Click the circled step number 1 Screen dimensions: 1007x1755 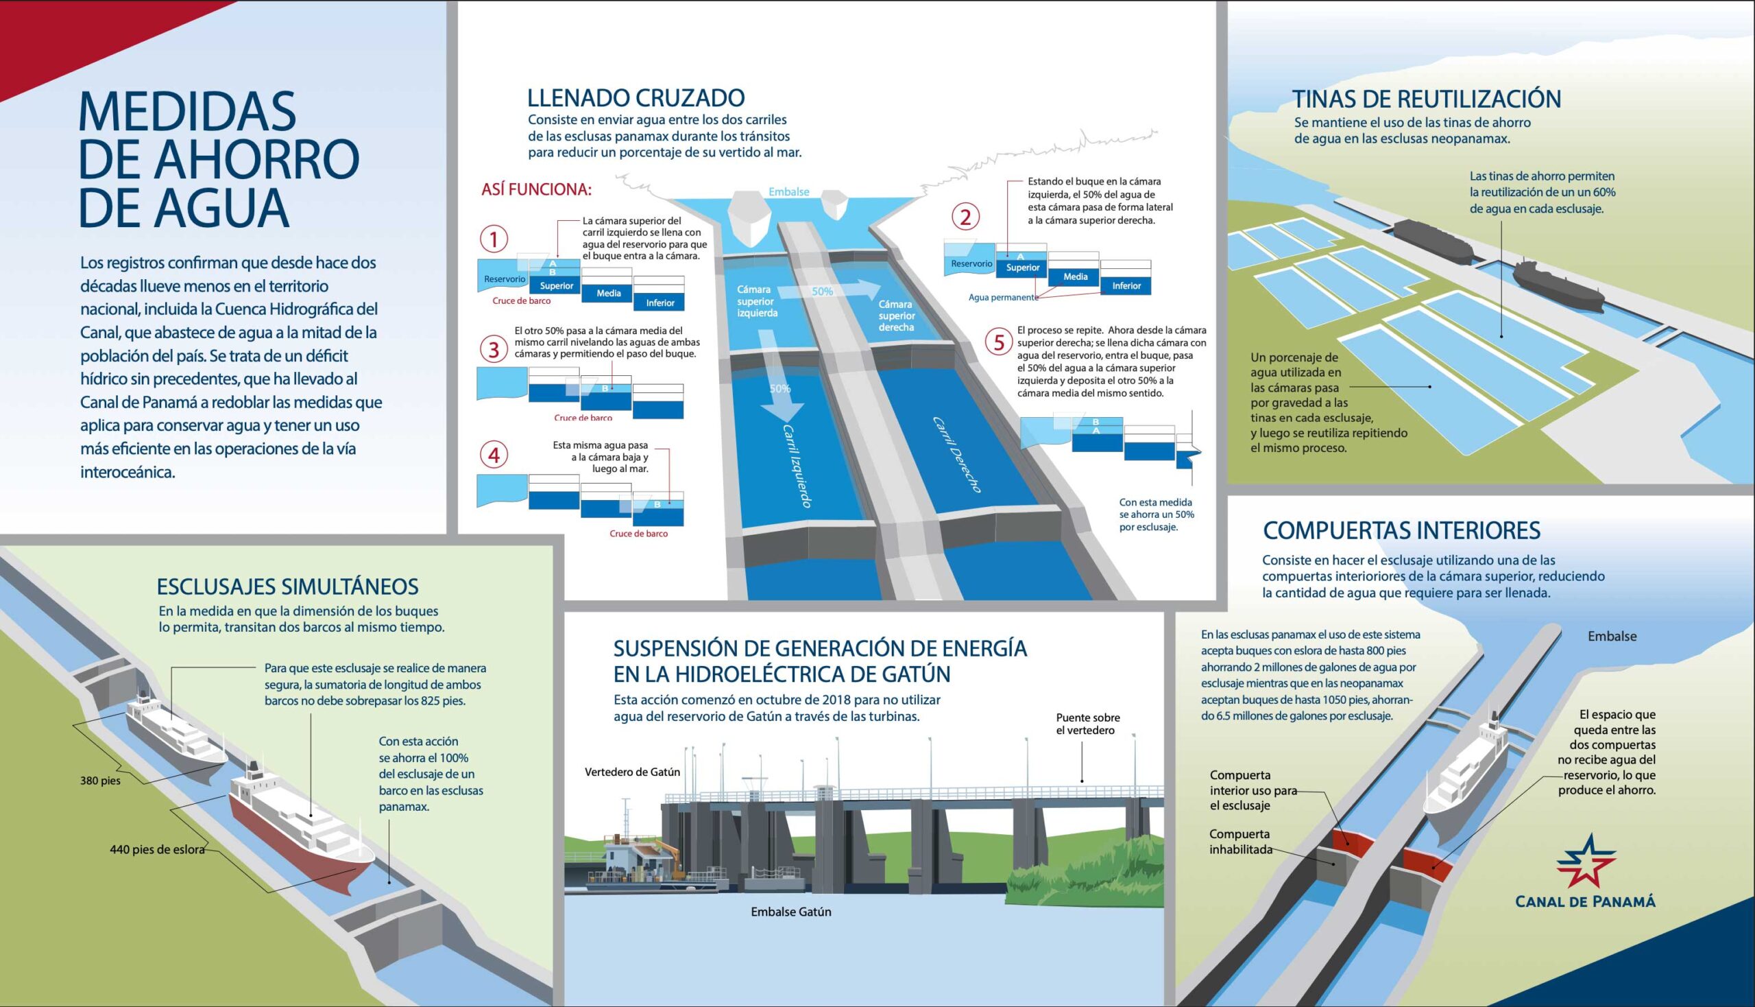[x=494, y=239]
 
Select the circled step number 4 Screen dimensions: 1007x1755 [x=494, y=455]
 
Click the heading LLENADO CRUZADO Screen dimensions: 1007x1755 [x=636, y=98]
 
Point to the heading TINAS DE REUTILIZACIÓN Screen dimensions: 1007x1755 [x=1427, y=99]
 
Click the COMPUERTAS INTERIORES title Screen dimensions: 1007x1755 [x=1402, y=530]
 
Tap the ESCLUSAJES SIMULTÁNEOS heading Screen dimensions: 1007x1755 [x=287, y=587]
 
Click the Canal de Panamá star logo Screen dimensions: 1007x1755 [x=1586, y=861]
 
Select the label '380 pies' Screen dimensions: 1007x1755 [x=100, y=781]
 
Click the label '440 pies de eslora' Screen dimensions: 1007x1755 [x=158, y=849]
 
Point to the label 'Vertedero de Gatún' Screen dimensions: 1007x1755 [x=633, y=772]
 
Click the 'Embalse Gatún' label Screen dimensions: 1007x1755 [x=790, y=912]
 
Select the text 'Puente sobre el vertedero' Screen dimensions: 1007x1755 [x=1088, y=724]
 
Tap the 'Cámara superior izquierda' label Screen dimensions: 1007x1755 [x=757, y=301]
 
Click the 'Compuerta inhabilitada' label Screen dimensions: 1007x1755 [x=1241, y=842]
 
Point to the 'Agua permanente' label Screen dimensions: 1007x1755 [x=1003, y=298]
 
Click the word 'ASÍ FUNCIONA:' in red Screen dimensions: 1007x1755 [x=536, y=189]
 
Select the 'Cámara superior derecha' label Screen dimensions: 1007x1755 [x=897, y=316]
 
